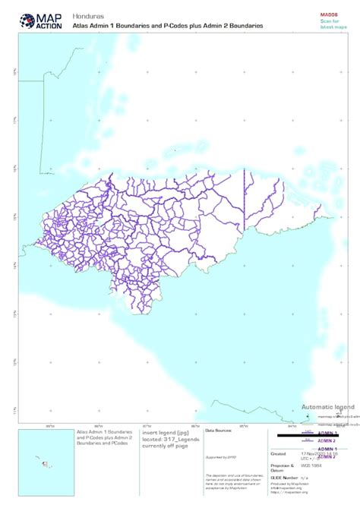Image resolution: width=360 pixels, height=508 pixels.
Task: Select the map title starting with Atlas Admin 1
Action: [167, 26]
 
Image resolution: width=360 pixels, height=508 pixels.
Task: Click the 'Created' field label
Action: [278, 453]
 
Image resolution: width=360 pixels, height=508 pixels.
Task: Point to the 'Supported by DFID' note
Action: [220, 457]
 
